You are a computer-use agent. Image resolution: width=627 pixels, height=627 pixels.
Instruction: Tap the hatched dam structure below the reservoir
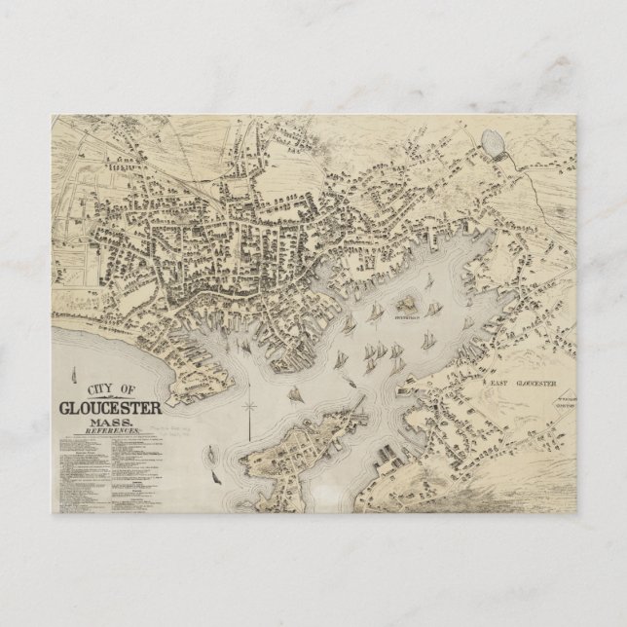click(493, 160)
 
